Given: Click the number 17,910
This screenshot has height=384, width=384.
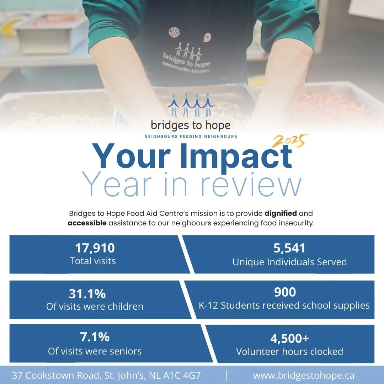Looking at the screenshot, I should point(95,248).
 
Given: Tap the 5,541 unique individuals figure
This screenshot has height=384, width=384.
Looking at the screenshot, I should point(289,248).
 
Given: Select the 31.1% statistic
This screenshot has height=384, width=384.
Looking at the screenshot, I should point(87,294).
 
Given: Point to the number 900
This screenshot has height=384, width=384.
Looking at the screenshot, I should point(285,292).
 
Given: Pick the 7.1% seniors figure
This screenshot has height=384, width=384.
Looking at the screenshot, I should point(95,336).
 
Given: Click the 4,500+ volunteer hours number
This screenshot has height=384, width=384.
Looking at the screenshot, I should point(289,338).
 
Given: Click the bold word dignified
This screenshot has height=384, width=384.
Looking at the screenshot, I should point(281,214).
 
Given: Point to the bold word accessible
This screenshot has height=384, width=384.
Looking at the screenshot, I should point(87,223).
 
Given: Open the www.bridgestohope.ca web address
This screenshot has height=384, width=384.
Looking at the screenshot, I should point(303,375).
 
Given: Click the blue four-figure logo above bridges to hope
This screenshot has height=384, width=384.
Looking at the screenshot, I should point(191,105).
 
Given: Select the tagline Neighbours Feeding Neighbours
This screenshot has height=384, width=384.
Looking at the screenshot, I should point(191,136).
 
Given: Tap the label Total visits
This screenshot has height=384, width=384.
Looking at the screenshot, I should point(92,261).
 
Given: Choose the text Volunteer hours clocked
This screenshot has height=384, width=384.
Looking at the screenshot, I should point(289,352).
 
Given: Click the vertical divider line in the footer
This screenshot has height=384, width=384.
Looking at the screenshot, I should point(227,375).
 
